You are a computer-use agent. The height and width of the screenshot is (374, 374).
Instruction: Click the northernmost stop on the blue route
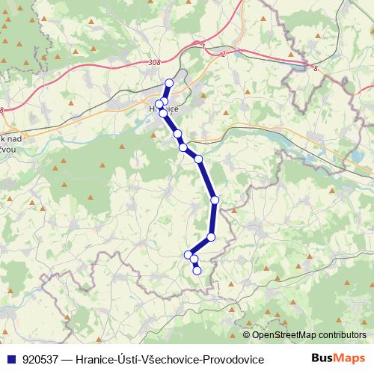pyautogui.click(x=169, y=83)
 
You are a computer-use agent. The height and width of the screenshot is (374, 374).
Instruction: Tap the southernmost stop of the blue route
pyautogui.click(x=197, y=271)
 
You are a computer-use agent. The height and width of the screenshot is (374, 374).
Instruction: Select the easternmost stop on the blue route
pyautogui.click(x=215, y=200)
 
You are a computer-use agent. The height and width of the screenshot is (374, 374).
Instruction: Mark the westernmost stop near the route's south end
pyautogui.click(x=188, y=255)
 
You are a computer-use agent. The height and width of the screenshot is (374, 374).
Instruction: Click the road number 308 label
pyautogui.click(x=154, y=63)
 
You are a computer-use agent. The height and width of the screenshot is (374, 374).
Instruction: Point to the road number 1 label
pyautogui.click(x=203, y=46)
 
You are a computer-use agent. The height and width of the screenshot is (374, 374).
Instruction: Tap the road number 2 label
pyautogui.click(x=223, y=54)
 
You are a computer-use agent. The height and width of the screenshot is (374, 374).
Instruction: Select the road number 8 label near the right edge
pyautogui.click(x=316, y=68)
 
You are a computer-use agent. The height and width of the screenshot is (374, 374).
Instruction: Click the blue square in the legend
pyautogui.click(x=11, y=360)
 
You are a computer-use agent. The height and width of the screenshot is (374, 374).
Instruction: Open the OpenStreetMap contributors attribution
pyautogui.click(x=308, y=336)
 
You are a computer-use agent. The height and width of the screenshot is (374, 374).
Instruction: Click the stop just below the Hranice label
pyautogui.click(x=163, y=113)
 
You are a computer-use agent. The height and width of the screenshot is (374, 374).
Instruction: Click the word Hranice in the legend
pyautogui.click(x=95, y=360)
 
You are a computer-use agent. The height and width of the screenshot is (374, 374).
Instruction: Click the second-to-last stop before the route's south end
pyautogui.click(x=194, y=260)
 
